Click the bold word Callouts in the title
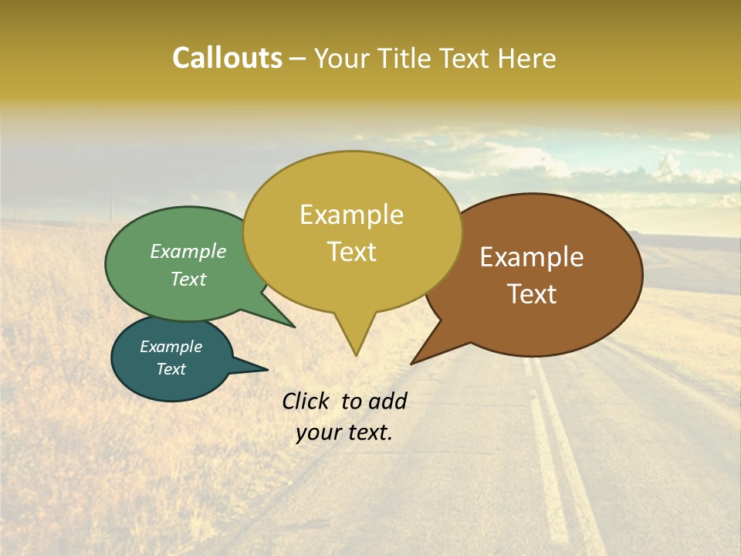click(x=227, y=58)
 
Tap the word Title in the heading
click(x=408, y=58)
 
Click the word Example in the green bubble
click(x=188, y=251)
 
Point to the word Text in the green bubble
click(x=188, y=279)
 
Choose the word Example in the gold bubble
click(x=351, y=215)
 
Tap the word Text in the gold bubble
click(x=351, y=252)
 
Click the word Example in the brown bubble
click(x=532, y=257)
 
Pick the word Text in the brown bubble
click(x=532, y=294)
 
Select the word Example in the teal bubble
click(x=171, y=347)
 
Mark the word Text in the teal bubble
click(x=171, y=369)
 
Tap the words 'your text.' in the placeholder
click(x=344, y=432)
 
